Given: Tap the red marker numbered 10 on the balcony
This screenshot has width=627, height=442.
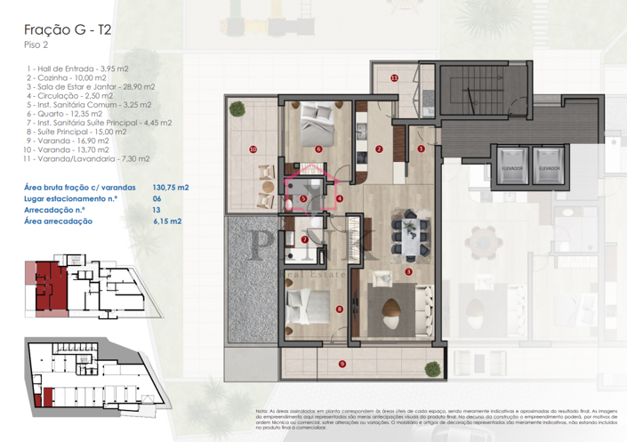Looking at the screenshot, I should tap(253, 149).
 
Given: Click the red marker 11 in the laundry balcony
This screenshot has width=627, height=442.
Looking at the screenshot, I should tap(394, 77).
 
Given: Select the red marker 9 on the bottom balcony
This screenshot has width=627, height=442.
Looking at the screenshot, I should tap(342, 363).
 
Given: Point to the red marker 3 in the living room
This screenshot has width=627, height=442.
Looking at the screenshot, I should tap(408, 271).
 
